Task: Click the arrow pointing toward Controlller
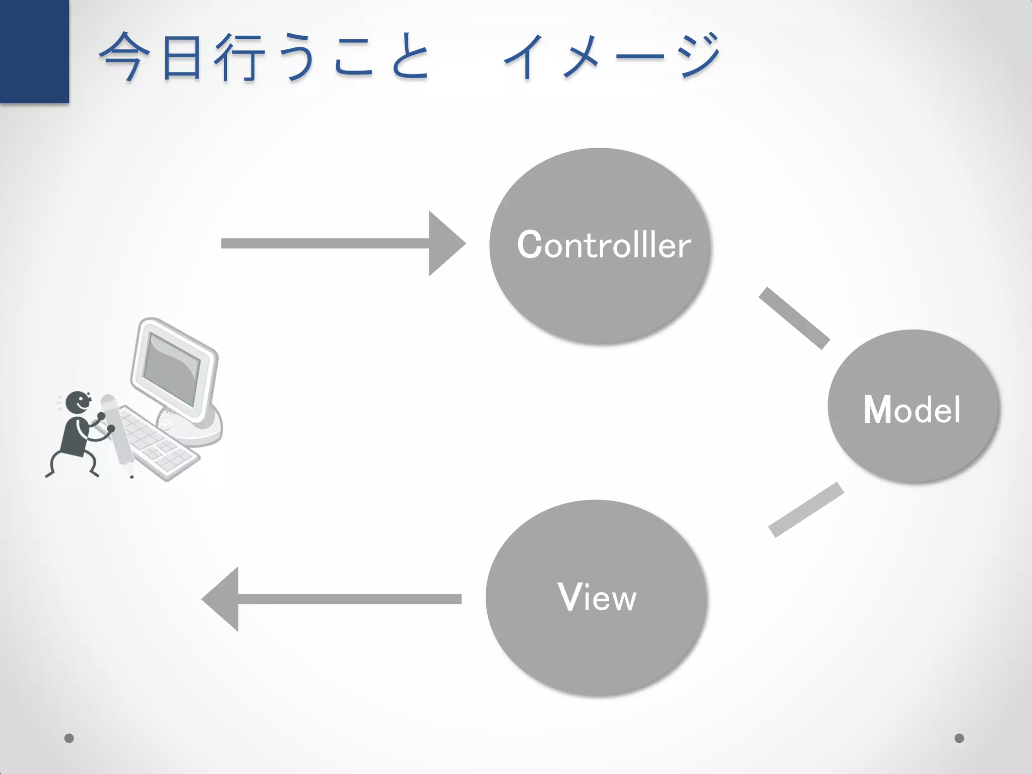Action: coord(343,244)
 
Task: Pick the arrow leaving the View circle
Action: coord(333,599)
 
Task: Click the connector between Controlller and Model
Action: coord(794,318)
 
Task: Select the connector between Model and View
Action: coord(806,510)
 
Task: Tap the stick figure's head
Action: coord(79,403)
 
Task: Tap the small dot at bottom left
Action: coord(69,738)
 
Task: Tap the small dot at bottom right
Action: coord(959,738)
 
